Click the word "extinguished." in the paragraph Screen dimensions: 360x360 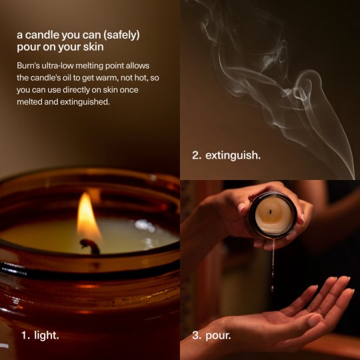[x=85, y=102]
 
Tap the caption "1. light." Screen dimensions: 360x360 [x=40, y=335]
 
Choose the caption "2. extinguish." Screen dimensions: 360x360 [x=227, y=155]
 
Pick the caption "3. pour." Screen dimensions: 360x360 [x=211, y=335]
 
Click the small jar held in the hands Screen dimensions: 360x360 [x=273, y=215]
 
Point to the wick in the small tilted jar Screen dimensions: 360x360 [x=271, y=211]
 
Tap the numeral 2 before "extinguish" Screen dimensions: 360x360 [x=197, y=155]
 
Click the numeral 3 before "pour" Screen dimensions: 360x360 [x=197, y=335]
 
